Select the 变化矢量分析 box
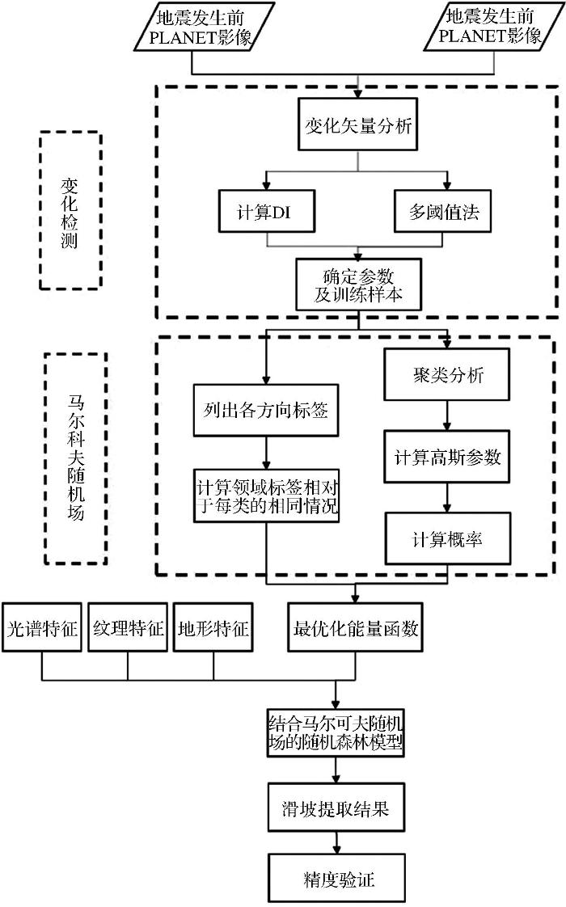[357, 125]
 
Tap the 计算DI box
[267, 212]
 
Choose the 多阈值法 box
[443, 212]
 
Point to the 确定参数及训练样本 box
[358, 285]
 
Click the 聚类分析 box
[447, 374]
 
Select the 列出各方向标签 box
[266, 410]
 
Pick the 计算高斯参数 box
[447, 457]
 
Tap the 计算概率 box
[447, 538]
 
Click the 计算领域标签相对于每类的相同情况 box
[266, 496]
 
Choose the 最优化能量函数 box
[355, 627]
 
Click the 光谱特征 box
[42, 627]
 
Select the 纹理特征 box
[128, 627]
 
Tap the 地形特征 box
[213, 627]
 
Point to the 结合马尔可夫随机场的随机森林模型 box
[336, 733]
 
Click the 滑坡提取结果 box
[336, 808]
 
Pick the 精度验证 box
[337, 878]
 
